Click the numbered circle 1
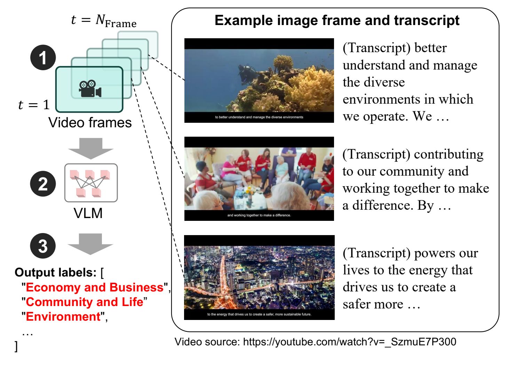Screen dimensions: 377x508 pyautogui.click(x=43, y=58)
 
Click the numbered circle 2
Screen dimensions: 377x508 pyautogui.click(x=43, y=184)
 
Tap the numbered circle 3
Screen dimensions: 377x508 pyautogui.click(x=43, y=246)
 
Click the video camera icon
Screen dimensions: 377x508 pyautogui.click(x=90, y=89)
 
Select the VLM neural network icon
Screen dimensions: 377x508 pyautogui.click(x=91, y=183)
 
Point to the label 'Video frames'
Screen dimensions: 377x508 pyautogui.click(x=90, y=123)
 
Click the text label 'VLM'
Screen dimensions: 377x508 pyautogui.click(x=88, y=213)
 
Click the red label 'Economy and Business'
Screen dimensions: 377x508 pyautogui.click(x=95, y=287)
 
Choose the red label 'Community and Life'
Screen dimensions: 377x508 pyautogui.click(x=85, y=302)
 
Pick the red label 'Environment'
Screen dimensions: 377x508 pyautogui.click(x=63, y=316)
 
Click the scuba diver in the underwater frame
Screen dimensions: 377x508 pyautogui.click(x=247, y=73)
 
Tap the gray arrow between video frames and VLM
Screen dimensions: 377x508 pyautogui.click(x=90, y=148)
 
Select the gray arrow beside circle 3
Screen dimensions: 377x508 pyautogui.click(x=90, y=244)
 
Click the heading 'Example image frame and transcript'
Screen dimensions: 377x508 pyautogui.click(x=337, y=21)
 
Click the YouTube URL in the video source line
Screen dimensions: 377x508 pyautogui.click(x=349, y=342)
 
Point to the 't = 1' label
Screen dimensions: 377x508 pyautogui.click(x=34, y=105)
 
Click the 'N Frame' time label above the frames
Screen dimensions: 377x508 pyautogui.click(x=104, y=21)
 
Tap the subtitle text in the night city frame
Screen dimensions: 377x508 pyautogui.click(x=259, y=314)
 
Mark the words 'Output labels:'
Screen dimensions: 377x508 pyautogui.click(x=55, y=272)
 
